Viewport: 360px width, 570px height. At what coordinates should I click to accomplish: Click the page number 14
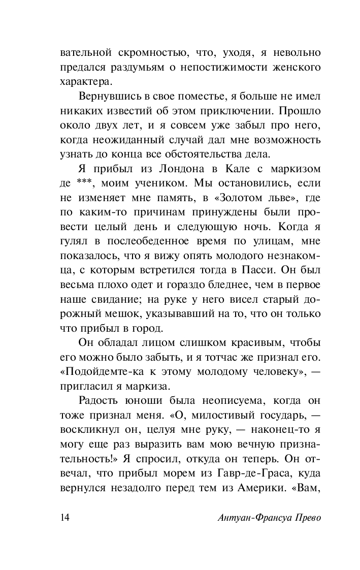click(x=65, y=518)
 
